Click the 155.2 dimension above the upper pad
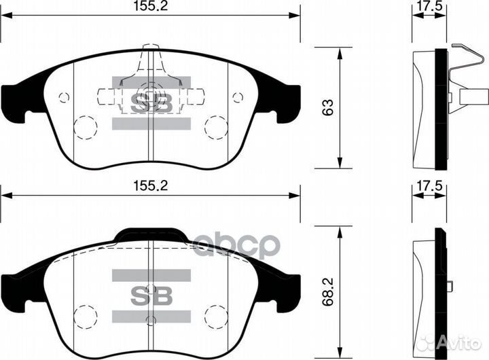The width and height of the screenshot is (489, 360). coord(151,7)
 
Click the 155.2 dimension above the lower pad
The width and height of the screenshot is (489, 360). coord(151,185)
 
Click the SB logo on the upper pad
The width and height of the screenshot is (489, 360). coord(151,103)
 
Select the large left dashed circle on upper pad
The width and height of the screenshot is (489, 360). coord(84,126)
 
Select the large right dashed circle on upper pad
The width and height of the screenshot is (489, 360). coord(216,126)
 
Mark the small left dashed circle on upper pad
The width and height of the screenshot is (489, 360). coord(65,97)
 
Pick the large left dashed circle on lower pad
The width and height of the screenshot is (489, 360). coord(84,315)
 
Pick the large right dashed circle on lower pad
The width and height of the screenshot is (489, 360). coord(216,315)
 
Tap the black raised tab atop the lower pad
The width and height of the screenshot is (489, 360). coord(151,235)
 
